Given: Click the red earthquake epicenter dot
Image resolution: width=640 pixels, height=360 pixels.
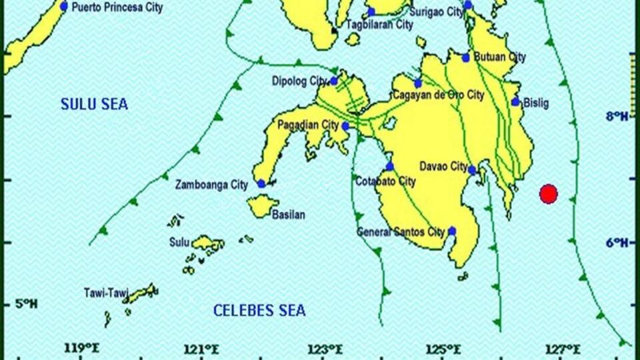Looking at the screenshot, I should click(x=548, y=194).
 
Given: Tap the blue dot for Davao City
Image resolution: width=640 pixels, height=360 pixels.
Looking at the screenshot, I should click(x=472, y=170).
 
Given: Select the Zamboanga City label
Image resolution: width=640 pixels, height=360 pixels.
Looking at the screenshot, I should click(x=211, y=185).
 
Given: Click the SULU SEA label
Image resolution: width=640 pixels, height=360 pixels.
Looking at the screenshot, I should click(x=94, y=105).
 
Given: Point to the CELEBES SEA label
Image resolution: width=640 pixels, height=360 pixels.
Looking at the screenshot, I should click(x=259, y=311).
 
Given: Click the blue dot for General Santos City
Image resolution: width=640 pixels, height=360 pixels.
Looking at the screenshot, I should click(x=452, y=231).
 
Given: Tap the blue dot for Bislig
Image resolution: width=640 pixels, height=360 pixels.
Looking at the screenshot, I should click(x=515, y=102).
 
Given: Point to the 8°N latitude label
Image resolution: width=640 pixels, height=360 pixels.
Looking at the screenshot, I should click(x=617, y=117).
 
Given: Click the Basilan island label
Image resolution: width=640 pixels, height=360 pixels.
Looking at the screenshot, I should click(x=289, y=215).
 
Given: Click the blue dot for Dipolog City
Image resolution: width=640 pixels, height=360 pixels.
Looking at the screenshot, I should click(x=334, y=81).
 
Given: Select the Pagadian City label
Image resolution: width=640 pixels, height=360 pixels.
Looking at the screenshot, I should click(x=308, y=125).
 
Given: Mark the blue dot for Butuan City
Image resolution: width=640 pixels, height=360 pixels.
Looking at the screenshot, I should click(x=466, y=57).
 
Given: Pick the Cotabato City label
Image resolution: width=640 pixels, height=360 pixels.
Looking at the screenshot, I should click(x=385, y=181).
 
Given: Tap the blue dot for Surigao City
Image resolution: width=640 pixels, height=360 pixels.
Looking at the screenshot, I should click(x=468, y=5).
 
